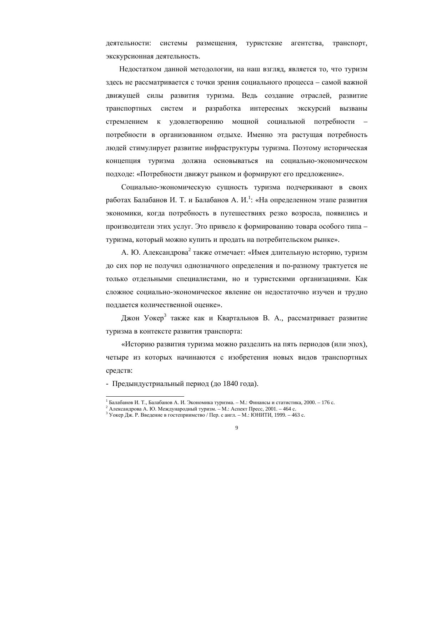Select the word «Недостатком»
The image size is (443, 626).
coord(140,69)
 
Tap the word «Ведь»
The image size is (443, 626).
coord(249,96)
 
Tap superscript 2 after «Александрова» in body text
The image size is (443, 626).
coord(190,250)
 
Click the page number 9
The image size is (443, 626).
coord(237,428)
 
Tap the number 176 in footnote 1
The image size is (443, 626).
coord(326,403)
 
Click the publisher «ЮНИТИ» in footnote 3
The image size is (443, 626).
coord(262,415)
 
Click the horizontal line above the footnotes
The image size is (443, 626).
coord(145,396)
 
